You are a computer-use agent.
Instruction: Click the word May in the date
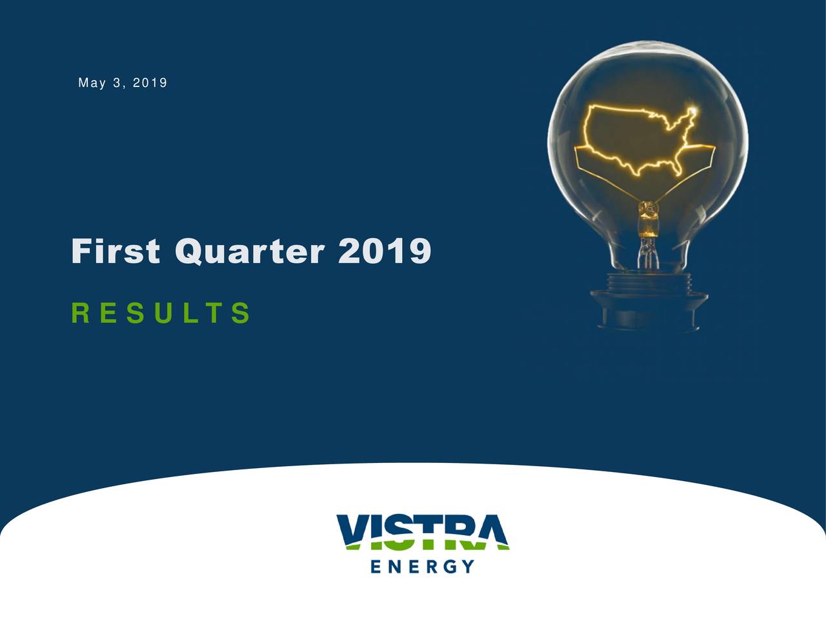91,83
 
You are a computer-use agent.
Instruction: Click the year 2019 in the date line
150,83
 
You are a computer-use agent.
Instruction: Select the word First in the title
116,251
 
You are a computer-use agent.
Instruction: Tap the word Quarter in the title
250,251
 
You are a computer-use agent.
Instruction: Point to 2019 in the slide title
385,251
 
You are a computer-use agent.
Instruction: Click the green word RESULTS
160,313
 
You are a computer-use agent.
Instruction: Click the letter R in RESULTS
80,313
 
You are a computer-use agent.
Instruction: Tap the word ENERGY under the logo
423,566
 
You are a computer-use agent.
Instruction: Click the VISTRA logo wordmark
423,532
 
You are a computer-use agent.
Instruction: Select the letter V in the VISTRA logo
354,532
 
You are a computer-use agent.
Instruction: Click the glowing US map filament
639,139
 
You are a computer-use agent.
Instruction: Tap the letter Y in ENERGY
468,566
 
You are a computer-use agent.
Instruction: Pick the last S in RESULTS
241,313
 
